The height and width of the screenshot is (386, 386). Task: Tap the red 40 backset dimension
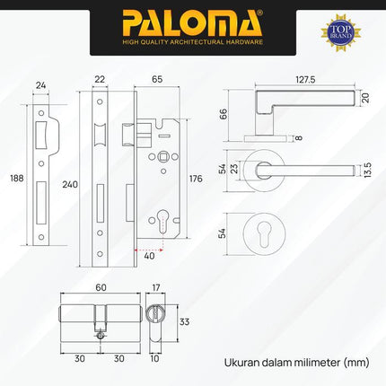click(x=149, y=255)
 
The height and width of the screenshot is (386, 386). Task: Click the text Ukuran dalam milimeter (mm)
click(x=297, y=363)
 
